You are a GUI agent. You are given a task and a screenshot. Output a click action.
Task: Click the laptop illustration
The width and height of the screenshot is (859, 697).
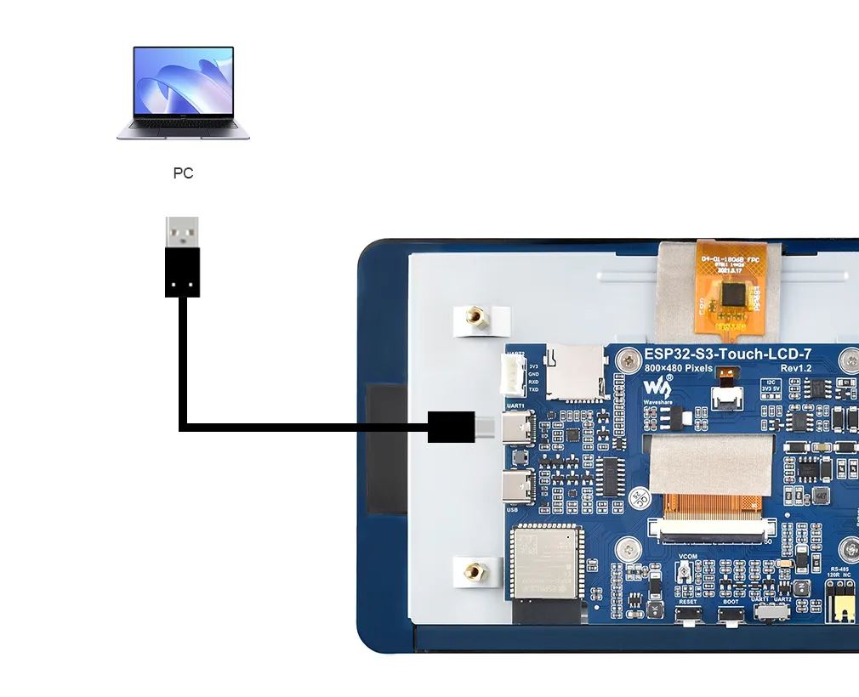click(x=183, y=92)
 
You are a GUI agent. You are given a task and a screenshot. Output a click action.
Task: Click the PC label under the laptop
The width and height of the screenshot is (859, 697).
click(x=183, y=173)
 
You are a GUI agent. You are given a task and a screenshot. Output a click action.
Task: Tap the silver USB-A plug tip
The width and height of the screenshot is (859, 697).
click(x=182, y=231)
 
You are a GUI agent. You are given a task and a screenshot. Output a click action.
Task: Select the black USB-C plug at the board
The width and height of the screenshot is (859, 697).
click(x=451, y=426)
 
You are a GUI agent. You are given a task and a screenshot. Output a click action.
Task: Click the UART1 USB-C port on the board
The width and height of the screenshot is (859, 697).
click(x=518, y=429)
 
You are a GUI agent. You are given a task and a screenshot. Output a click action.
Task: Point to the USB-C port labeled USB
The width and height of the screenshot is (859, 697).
click(x=517, y=486)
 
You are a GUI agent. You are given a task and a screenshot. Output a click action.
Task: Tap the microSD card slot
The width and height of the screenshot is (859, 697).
click(x=576, y=371)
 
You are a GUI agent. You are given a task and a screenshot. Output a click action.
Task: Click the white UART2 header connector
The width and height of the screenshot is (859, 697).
click(x=513, y=375)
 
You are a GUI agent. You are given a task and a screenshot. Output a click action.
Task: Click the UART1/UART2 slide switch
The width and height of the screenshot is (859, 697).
click(x=773, y=612)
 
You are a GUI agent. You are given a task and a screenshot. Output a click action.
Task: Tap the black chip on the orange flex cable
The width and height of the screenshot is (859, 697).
click(x=732, y=295)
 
